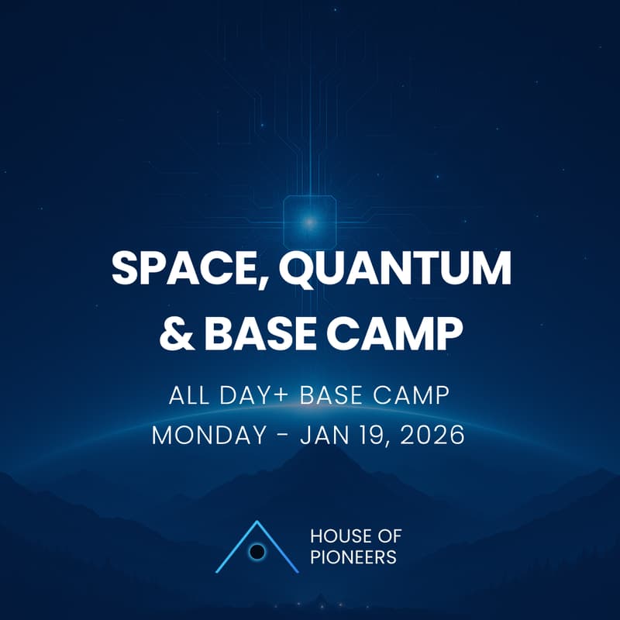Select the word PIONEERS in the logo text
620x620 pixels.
pyautogui.click(x=353, y=557)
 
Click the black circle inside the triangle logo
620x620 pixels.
pyautogui.click(x=258, y=552)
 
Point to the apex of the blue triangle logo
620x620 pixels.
pyautogui.click(x=257, y=522)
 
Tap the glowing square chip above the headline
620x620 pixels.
pyautogui.click(x=309, y=222)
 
